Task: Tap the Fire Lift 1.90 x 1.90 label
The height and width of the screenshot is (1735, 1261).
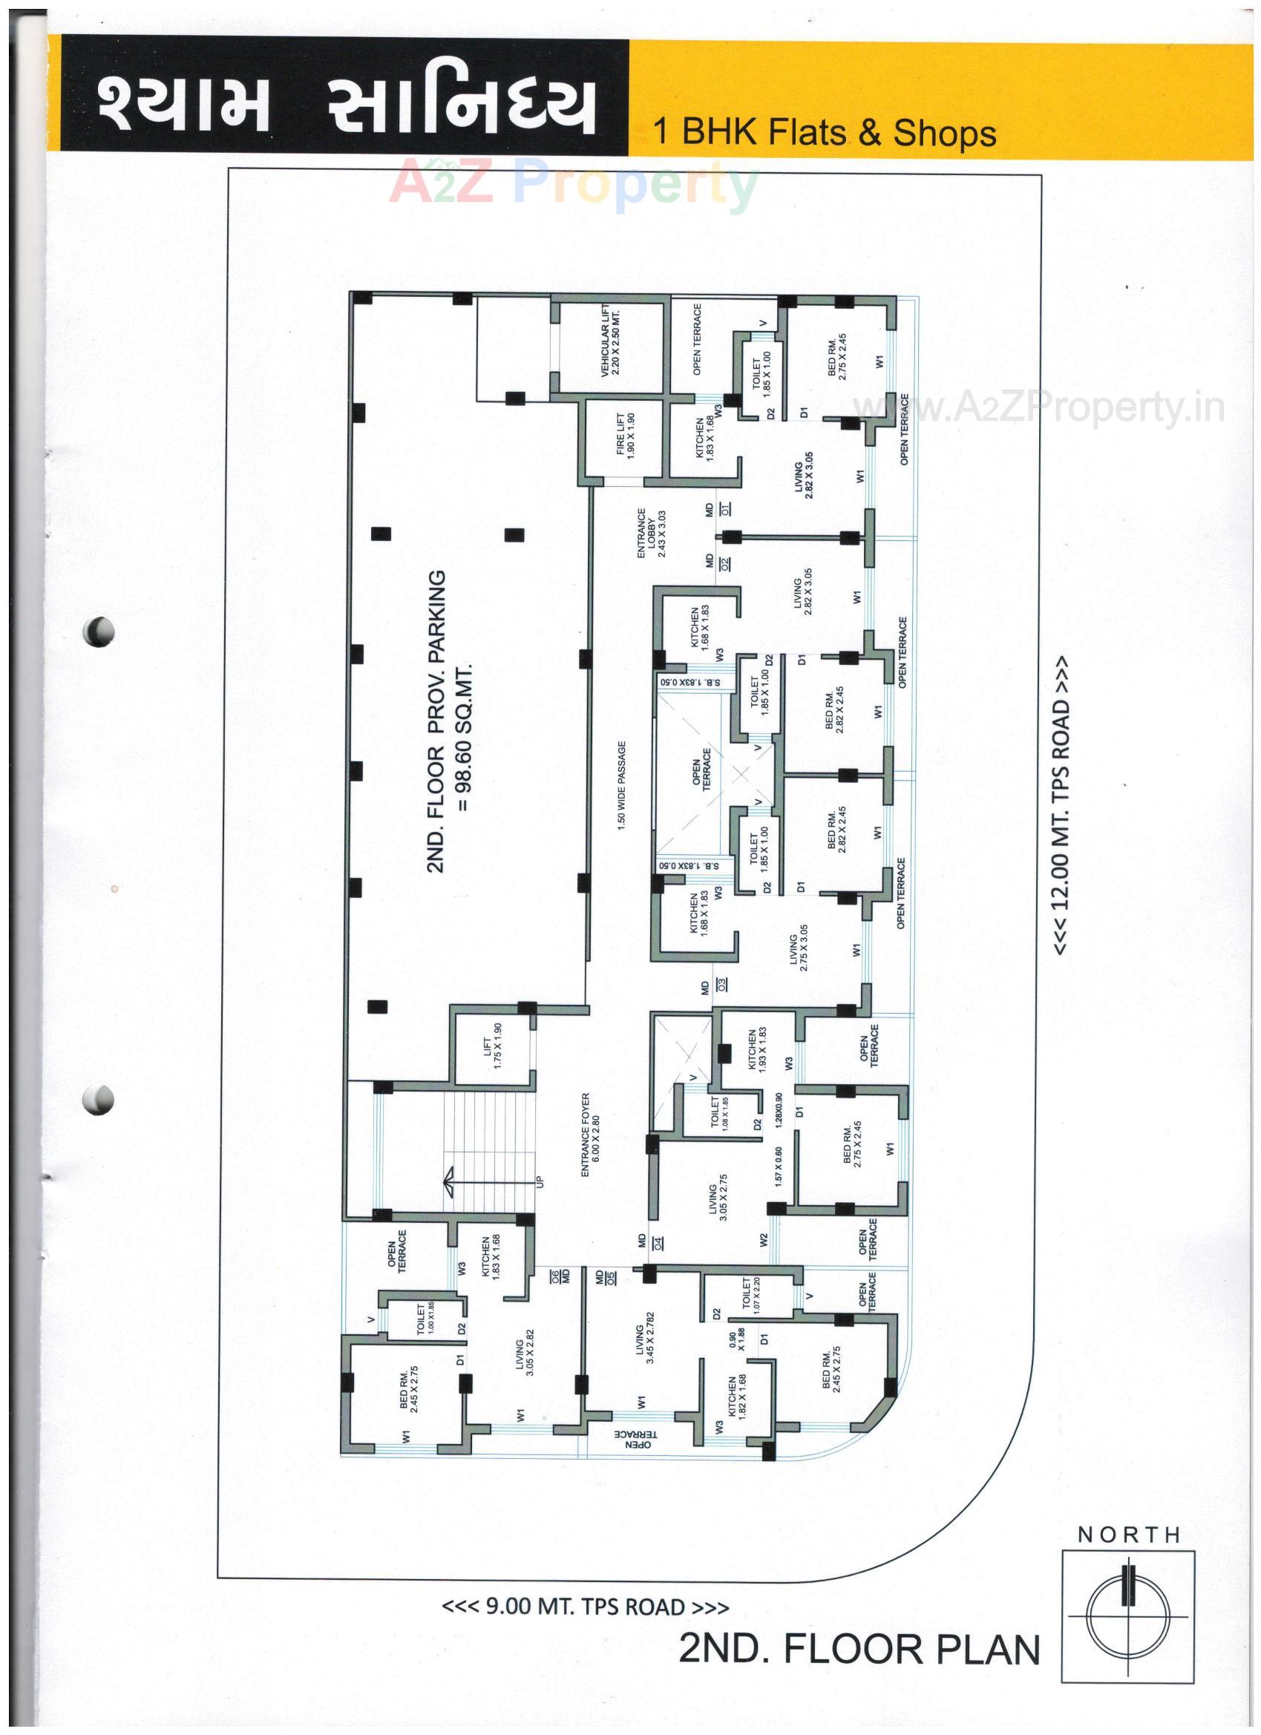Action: [x=626, y=435]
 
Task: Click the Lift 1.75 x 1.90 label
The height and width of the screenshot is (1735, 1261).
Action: [x=493, y=1046]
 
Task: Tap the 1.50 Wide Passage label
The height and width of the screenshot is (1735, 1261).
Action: [x=621, y=784]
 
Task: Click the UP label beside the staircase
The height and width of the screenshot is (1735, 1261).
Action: [x=540, y=1182]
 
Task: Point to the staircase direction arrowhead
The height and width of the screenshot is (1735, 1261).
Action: [x=448, y=1180]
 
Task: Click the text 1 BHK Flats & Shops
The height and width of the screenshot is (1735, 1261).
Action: [x=824, y=132]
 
